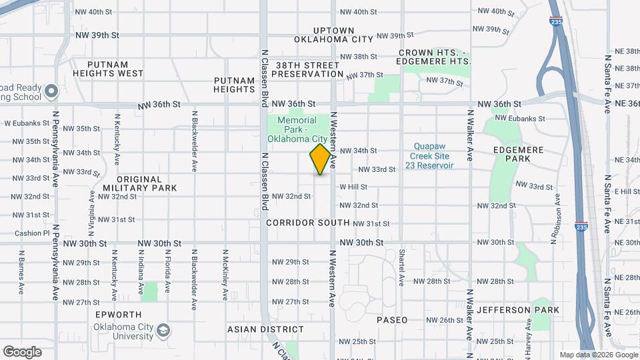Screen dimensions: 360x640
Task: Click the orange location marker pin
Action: pyautogui.click(x=320, y=159)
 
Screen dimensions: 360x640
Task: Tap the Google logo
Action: pyautogui.click(x=21, y=352)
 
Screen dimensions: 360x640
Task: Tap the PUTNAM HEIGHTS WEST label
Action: pyautogui.click(x=108, y=69)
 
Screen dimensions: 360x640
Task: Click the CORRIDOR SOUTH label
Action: pyautogui.click(x=308, y=223)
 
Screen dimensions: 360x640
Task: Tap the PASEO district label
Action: pyautogui.click(x=392, y=320)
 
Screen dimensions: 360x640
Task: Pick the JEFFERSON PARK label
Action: pyautogui.click(x=523, y=310)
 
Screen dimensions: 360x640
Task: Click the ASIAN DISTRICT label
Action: pyautogui.click(x=266, y=329)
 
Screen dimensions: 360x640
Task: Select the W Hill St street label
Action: pyautogui.click(x=353, y=187)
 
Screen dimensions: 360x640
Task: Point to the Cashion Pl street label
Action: pyautogui.click(x=32, y=233)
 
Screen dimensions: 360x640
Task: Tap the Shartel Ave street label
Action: pyautogui.click(x=401, y=267)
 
